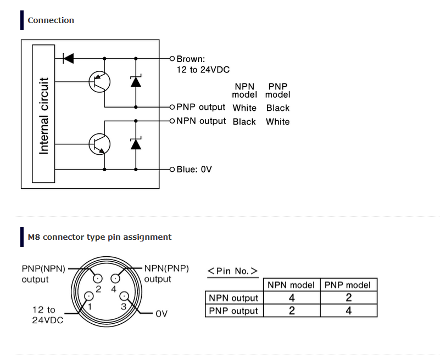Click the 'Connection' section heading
pos(51,20)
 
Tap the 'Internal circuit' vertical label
pos(44,116)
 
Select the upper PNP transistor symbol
pos(99,82)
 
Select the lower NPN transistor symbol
pos(99,144)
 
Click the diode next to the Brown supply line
pos(68,59)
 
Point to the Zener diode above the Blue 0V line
pos(136,144)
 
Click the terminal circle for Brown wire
pos(172,59)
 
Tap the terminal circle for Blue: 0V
pos(172,170)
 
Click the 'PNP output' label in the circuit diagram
pos(201,107)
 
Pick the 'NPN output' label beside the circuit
pos(201,121)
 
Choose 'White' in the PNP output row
pos(244,108)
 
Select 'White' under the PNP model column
pos(278,122)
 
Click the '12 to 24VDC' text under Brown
pos(203,70)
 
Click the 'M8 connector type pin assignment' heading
pos(99,237)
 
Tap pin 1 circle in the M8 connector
pos(89,296)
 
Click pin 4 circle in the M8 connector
pos(115,278)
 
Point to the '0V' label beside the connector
pos(161,313)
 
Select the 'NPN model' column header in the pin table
pos(291,285)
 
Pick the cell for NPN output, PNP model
pos(348,297)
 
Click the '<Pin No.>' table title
pos(232,271)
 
